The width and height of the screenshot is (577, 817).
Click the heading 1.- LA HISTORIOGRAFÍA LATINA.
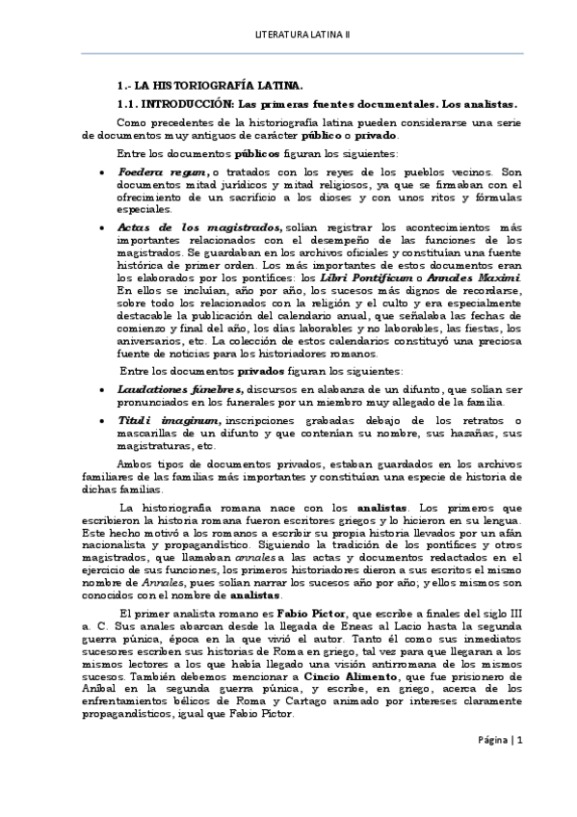coord(208,85)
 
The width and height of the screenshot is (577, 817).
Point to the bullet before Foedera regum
coord(103,172)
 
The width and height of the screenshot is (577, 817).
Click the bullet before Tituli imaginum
coord(103,422)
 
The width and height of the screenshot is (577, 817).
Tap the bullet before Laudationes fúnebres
coord(103,388)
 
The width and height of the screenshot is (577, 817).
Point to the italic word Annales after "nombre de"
coord(128,583)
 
